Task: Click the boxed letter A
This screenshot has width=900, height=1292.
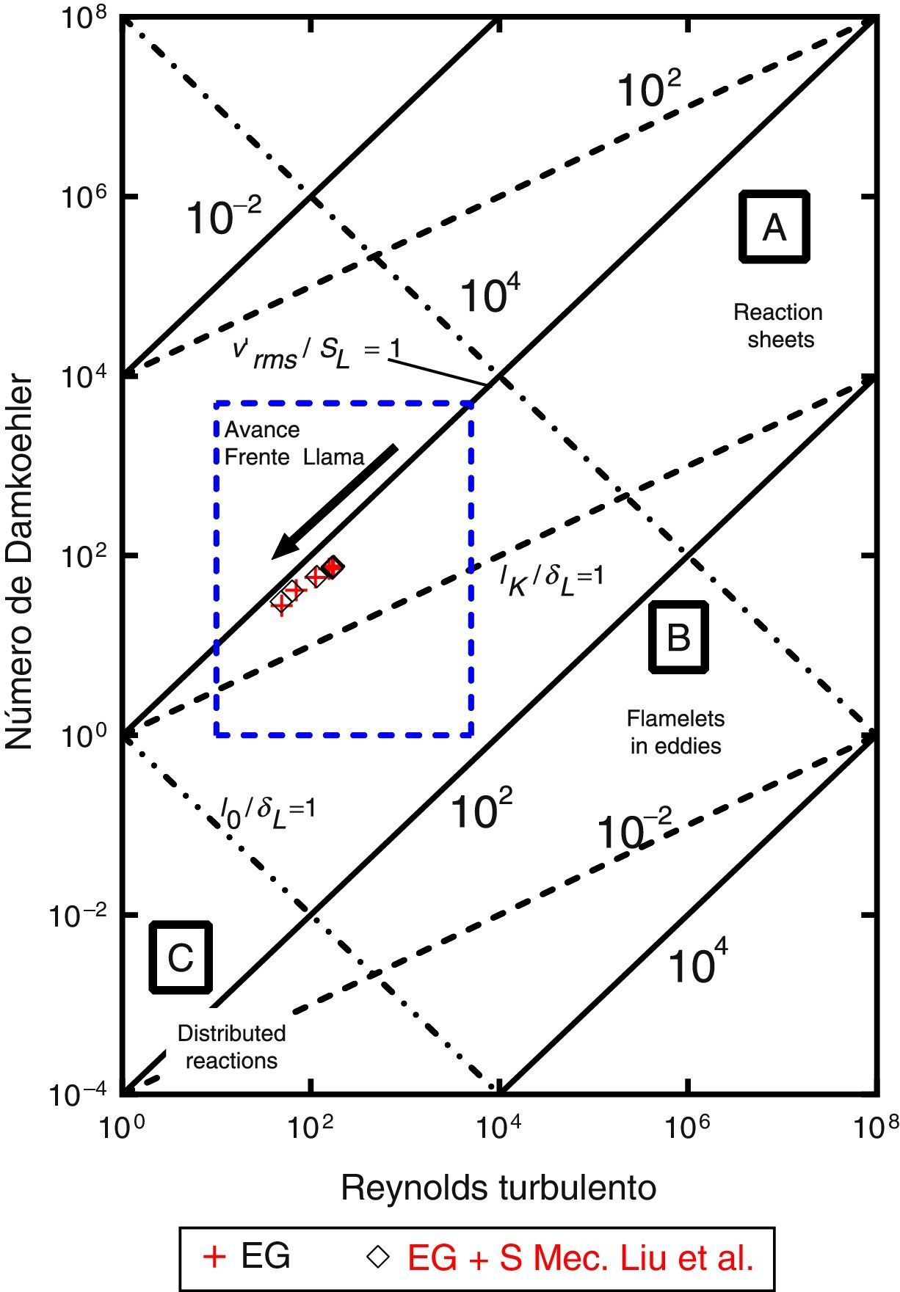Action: pyautogui.click(x=774, y=227)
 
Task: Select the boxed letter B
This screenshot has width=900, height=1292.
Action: pyautogui.click(x=678, y=637)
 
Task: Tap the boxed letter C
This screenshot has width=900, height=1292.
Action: pyautogui.click(x=181, y=957)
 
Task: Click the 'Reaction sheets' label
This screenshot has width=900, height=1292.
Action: pyautogui.click(x=778, y=326)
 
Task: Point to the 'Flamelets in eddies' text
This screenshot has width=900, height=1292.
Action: pyautogui.click(x=675, y=731)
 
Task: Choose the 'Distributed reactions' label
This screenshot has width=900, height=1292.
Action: pyautogui.click(x=231, y=1047)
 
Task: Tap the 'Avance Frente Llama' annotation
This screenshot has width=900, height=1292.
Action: pyautogui.click(x=294, y=443)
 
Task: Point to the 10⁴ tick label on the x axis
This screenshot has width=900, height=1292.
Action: pyautogui.click(x=499, y=1128)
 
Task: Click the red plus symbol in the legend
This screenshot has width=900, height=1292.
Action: pyautogui.click(x=214, y=1257)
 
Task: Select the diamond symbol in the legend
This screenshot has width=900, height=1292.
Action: pyautogui.click(x=378, y=1257)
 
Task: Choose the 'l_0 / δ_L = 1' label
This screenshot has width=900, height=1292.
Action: pyautogui.click(x=267, y=809)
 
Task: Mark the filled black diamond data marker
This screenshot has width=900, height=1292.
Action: pyautogui.click(x=333, y=566)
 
